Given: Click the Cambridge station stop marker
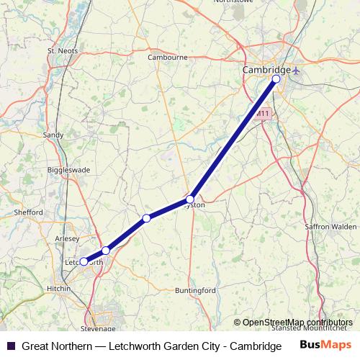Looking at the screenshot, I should pyautogui.click(x=276, y=78).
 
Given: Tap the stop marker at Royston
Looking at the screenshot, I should pyautogui.click(x=190, y=199).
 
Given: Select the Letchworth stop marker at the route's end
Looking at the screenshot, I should pyautogui.click(x=84, y=262).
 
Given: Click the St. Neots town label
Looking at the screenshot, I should pyautogui.click(x=61, y=51).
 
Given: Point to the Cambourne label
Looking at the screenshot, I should pyautogui.click(x=167, y=57).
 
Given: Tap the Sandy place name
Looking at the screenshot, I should pyautogui.click(x=54, y=135).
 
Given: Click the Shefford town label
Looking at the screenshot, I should pyautogui.click(x=30, y=212).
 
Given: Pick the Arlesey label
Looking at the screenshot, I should pyautogui.click(x=67, y=238).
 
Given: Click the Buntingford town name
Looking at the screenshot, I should pyautogui.click(x=195, y=290).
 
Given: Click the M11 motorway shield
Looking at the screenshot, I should pyautogui.click(x=262, y=114).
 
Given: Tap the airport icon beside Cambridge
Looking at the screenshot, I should pyautogui.click(x=298, y=70).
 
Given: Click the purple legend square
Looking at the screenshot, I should pyautogui.click(x=10, y=346).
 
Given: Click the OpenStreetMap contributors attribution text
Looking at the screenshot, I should pyautogui.click(x=297, y=322).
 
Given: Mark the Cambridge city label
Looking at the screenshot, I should pyautogui.click(x=266, y=70).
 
